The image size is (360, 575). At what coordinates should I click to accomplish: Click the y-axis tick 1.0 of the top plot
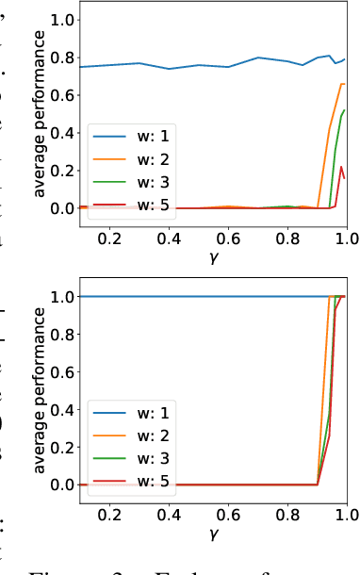pyautogui.click(x=62, y=19)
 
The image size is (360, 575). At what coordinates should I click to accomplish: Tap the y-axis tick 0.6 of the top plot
pyautogui.click(x=62, y=94)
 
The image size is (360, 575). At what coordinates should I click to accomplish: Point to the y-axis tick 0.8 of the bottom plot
pyautogui.click(x=62, y=334)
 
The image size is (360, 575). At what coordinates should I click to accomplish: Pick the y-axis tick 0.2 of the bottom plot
pyautogui.click(x=62, y=447)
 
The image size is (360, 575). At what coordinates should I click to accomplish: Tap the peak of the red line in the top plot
pyautogui.click(x=341, y=167)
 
